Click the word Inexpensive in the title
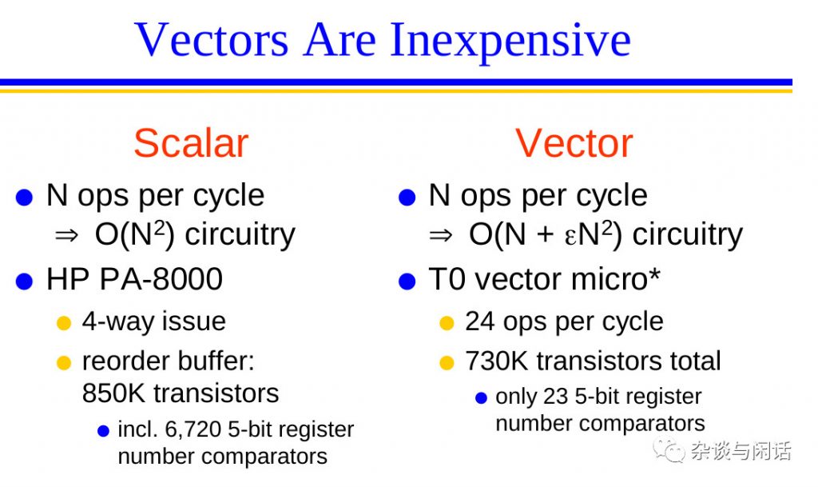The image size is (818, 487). pyautogui.click(x=510, y=41)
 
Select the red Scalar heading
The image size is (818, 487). pyautogui.click(x=191, y=143)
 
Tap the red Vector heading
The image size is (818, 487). pyautogui.click(x=574, y=143)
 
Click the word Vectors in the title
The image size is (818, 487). pyautogui.click(x=211, y=40)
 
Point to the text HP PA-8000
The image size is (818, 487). pyautogui.click(x=134, y=279)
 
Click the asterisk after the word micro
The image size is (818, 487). pyautogui.click(x=655, y=273)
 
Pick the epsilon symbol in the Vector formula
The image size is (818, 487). pyautogui.click(x=570, y=237)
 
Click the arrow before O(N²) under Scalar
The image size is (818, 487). pyautogui.click(x=67, y=236)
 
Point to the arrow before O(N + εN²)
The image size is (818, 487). pyautogui.click(x=441, y=236)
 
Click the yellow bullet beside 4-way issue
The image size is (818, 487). pyautogui.click(x=64, y=323)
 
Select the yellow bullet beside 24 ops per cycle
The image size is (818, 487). pyautogui.click(x=447, y=323)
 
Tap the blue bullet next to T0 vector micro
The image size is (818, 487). pyautogui.click(x=407, y=281)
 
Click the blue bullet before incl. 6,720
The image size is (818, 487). pyautogui.click(x=103, y=431)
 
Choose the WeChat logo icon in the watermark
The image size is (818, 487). pyautogui.click(x=669, y=449)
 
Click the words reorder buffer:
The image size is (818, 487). pyautogui.click(x=169, y=361)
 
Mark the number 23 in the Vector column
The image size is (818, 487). pyautogui.click(x=556, y=397)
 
